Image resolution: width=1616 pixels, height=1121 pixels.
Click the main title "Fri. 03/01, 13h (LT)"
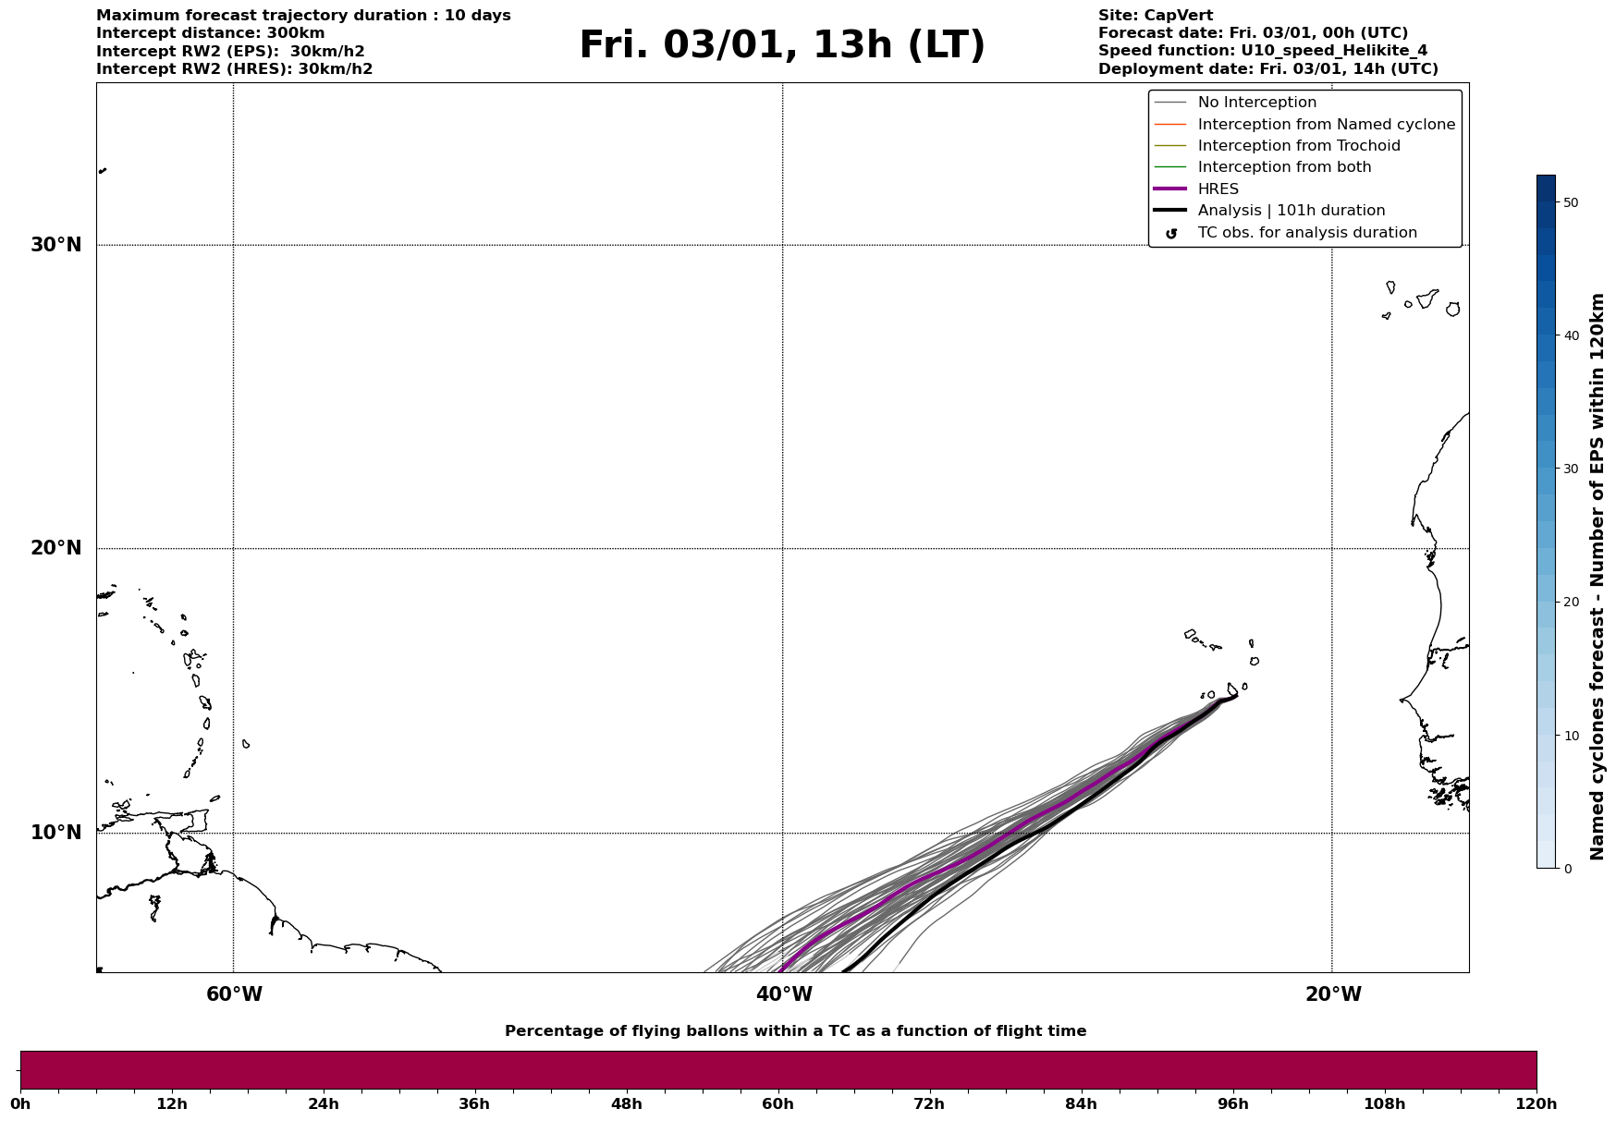(782, 45)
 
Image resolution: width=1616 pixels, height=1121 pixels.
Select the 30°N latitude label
(55, 245)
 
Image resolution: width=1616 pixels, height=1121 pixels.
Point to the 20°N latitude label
(55, 548)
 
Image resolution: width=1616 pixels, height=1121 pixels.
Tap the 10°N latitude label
(55, 833)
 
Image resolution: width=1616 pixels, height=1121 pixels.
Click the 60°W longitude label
(234, 994)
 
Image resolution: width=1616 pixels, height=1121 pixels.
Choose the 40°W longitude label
(784, 994)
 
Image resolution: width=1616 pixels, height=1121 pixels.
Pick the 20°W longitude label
(1333, 994)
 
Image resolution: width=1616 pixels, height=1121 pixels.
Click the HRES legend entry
(1218, 189)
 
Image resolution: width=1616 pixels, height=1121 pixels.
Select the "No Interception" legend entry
(1256, 103)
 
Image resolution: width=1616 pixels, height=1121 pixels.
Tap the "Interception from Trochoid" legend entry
(1298, 146)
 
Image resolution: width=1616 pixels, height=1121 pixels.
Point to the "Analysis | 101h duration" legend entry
(1291, 211)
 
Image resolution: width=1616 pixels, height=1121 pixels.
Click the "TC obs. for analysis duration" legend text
(1306, 233)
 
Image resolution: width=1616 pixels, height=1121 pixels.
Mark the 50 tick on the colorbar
(1571, 202)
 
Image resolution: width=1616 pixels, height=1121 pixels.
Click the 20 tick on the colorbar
(1571, 603)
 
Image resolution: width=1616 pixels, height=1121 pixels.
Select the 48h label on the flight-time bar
(626, 1104)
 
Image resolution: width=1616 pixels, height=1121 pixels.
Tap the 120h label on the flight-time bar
(1536, 1104)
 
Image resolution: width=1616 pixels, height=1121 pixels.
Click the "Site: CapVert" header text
(1155, 16)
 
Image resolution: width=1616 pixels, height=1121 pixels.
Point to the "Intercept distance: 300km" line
(210, 33)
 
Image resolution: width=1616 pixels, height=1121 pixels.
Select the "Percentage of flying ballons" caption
(795, 1031)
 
